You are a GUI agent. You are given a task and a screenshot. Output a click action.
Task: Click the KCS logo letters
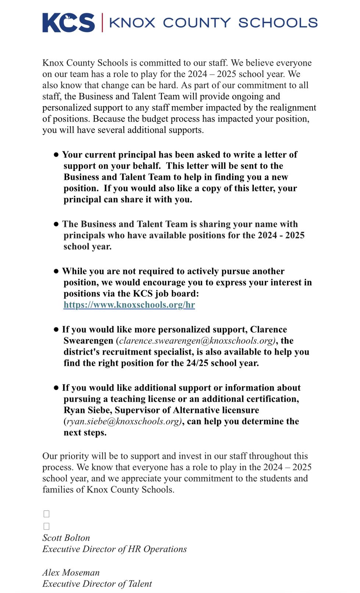68,23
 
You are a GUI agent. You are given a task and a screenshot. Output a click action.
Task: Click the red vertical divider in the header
102,23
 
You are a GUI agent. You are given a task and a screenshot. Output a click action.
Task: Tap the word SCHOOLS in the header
278,23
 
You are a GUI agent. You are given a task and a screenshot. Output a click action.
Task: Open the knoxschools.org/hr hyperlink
129,305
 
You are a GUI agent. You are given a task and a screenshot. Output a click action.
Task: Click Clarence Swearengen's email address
197,341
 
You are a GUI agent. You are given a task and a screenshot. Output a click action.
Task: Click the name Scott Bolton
66,538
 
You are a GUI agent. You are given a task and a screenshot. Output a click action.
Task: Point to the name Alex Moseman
71,572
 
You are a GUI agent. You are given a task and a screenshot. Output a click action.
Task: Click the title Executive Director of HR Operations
114,549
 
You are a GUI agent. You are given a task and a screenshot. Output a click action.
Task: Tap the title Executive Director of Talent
97,583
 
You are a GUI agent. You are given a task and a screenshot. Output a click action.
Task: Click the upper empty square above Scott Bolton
46,514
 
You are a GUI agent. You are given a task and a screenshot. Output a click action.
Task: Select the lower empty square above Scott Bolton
46,526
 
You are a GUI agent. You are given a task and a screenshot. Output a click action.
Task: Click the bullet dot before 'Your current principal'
56,155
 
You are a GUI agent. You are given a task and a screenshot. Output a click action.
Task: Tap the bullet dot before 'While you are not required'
56,271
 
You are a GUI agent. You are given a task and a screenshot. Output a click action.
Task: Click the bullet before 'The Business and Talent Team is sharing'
56,224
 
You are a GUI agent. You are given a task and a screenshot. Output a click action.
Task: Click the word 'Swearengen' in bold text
88,341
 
